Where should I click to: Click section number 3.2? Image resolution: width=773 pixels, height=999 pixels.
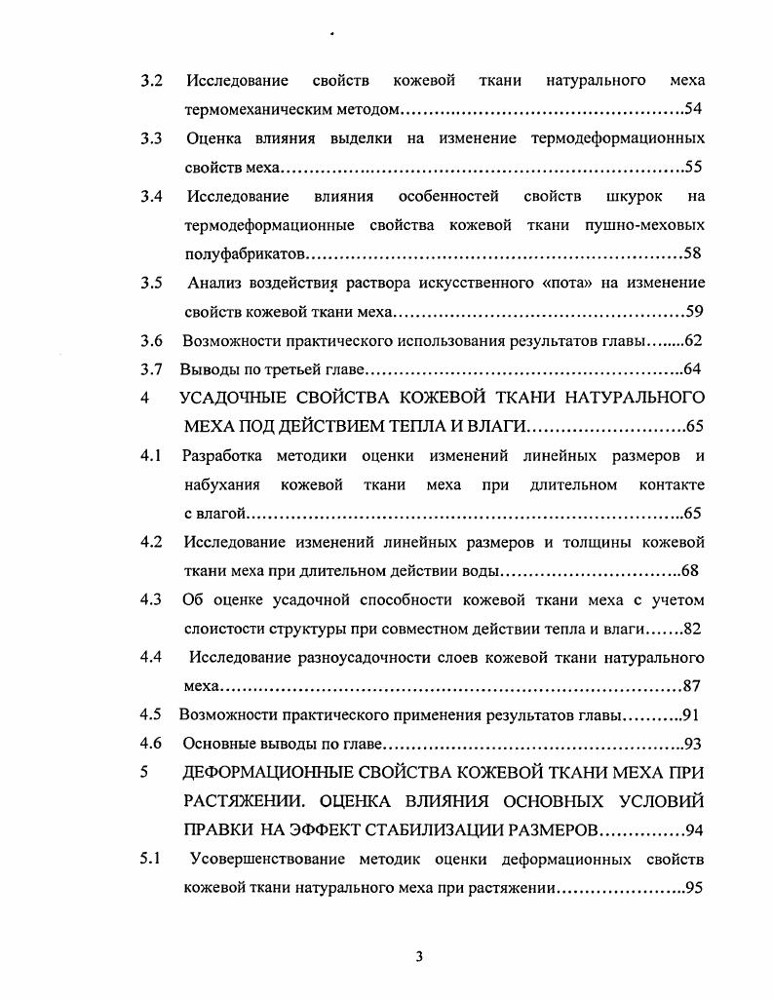[151, 79]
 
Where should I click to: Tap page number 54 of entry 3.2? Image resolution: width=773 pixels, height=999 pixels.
[694, 108]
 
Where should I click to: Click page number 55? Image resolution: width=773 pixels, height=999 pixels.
[694, 167]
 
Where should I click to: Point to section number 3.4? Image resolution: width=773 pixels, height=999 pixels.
[151, 196]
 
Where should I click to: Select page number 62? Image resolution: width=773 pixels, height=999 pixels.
[693, 341]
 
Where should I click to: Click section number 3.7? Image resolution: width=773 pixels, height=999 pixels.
[151, 370]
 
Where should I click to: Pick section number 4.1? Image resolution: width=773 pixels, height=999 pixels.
[151, 456]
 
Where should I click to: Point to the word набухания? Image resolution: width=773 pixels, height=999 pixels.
[220, 484]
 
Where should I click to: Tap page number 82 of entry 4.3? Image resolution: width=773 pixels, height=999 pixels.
[693, 629]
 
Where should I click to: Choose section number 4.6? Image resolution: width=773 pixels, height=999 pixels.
[151, 744]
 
